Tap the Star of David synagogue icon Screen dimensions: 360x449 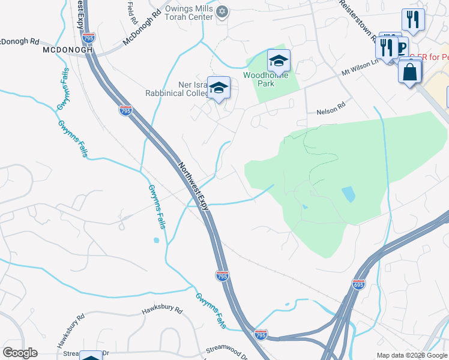coord(222,11)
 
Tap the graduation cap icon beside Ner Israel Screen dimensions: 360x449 coord(218,88)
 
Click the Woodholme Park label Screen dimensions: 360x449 coord(266,79)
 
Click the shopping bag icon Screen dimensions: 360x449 coord(409,71)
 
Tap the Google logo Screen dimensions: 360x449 coord(20,353)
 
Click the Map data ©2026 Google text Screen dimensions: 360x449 coord(411,355)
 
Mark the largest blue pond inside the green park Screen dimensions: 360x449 coord(348,194)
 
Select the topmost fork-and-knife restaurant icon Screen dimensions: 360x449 coord(412,19)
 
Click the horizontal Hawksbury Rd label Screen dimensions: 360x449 coord(161,310)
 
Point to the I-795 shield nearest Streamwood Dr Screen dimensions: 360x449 coord(261,334)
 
